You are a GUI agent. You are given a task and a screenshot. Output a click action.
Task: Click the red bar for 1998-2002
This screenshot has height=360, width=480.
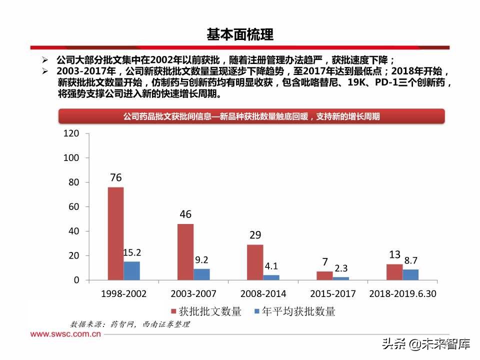click(115, 233)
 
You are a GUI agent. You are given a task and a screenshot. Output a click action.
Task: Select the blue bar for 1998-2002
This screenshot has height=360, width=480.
click(132, 270)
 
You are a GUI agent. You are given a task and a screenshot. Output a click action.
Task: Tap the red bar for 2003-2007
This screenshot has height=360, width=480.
click(185, 252)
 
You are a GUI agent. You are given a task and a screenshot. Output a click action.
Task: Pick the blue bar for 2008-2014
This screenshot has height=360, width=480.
click(271, 277)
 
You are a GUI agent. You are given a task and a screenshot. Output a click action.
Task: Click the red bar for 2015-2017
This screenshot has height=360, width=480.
click(324, 275)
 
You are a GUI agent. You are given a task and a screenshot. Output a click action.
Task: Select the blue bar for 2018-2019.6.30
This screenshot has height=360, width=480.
click(410, 274)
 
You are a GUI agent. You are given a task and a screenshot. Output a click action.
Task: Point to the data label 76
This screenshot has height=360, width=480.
click(116, 177)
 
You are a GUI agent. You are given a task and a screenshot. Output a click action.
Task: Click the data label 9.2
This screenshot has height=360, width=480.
click(201, 259)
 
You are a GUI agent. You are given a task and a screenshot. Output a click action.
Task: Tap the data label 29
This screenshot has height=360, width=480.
click(255, 235)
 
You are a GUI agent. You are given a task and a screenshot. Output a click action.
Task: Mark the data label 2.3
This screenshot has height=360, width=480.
click(341, 268)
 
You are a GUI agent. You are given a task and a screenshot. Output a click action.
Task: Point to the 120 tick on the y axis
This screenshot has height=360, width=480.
click(71, 133)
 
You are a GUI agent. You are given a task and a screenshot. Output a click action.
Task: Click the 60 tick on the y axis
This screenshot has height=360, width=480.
click(73, 206)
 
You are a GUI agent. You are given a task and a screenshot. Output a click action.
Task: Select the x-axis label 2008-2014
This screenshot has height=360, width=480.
click(263, 294)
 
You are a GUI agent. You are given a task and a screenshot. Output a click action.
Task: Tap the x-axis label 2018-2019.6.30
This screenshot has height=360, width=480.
click(402, 294)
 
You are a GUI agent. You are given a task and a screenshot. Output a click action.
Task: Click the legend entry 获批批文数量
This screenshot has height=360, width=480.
click(206, 311)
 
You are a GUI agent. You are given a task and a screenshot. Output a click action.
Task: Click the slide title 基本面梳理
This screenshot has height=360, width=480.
click(240, 34)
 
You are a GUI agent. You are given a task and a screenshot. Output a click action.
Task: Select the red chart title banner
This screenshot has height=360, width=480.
click(251, 116)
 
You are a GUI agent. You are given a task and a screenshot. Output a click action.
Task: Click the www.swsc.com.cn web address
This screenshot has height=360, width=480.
click(66, 333)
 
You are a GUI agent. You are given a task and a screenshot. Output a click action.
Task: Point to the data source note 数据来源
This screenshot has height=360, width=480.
click(130, 324)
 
